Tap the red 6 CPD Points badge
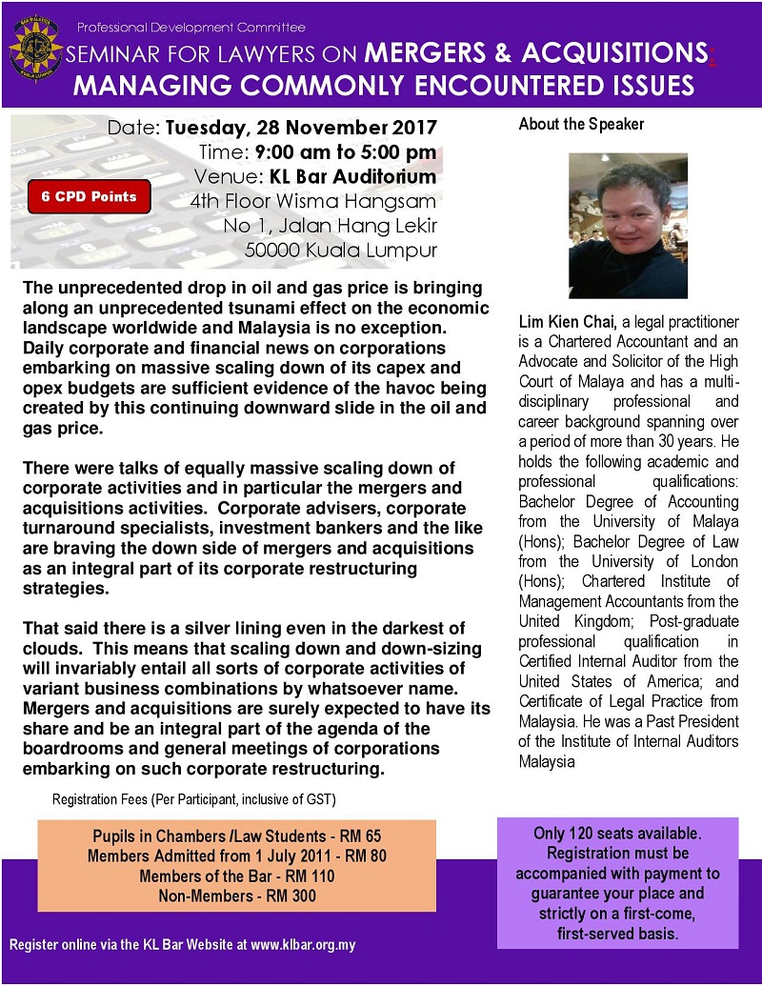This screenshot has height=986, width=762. [x=89, y=197]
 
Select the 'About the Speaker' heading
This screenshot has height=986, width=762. [x=581, y=125]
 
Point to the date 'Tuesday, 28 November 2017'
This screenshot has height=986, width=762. [x=302, y=127]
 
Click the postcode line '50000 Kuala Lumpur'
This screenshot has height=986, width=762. [x=341, y=251]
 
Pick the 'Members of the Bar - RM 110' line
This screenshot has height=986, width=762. [x=236, y=875]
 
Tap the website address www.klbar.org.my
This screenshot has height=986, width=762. [x=303, y=946]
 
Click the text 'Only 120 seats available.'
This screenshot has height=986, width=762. [x=617, y=834]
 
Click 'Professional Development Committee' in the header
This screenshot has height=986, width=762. [x=191, y=27]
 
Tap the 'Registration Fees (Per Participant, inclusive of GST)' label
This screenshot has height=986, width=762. [x=194, y=797]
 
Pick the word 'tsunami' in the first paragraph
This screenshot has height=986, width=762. [x=311, y=310]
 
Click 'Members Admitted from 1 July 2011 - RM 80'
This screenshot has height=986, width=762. [x=236, y=855]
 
